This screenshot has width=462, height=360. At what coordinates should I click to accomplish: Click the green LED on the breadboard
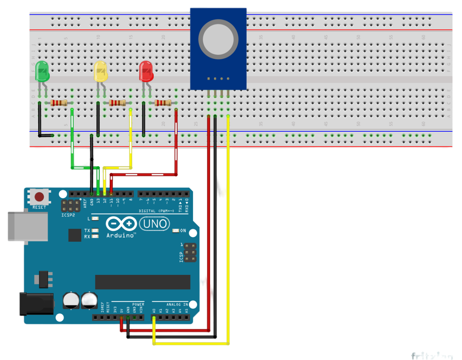[x=42, y=71]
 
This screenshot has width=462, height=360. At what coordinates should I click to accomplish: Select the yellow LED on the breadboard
[x=101, y=71]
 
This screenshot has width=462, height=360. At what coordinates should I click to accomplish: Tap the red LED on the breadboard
[x=146, y=71]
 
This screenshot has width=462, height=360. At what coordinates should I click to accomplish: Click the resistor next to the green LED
[x=58, y=103]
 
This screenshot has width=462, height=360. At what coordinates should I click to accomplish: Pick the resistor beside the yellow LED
[x=117, y=103]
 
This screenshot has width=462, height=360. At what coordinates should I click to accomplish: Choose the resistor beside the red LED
[x=163, y=103]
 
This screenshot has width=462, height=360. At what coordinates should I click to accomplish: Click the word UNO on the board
[x=155, y=224]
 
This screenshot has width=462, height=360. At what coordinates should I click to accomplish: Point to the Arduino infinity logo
[x=121, y=224]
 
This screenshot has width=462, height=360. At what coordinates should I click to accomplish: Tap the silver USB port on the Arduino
[x=28, y=226]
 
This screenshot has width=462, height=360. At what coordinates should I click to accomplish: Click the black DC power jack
[x=36, y=303]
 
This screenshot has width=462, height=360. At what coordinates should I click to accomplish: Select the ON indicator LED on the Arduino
[x=176, y=231]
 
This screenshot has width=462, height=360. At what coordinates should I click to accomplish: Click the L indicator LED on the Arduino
[x=95, y=219]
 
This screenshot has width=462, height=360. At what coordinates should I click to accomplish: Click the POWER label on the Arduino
[x=138, y=304]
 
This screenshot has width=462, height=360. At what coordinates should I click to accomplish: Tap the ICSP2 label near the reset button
[x=68, y=215]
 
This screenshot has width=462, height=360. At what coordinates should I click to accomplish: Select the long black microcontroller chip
[x=143, y=282]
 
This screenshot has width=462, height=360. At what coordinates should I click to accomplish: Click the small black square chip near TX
[x=75, y=235]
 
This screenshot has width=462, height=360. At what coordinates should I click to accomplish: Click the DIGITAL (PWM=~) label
[x=156, y=211]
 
